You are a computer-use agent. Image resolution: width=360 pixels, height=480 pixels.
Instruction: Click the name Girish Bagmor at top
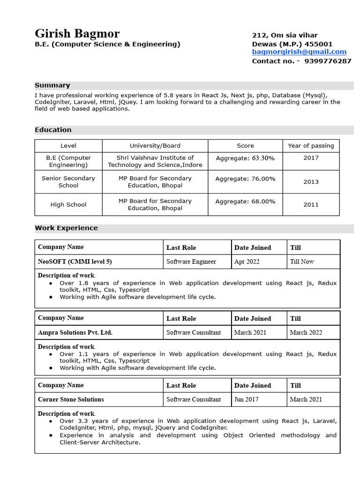77,34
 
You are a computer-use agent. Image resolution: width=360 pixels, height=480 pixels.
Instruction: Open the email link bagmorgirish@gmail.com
299,52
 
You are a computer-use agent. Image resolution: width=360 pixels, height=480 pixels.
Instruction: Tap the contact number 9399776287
328,61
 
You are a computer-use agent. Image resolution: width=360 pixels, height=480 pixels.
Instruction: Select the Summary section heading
52,85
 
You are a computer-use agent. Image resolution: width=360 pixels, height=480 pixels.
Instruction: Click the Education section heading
53,130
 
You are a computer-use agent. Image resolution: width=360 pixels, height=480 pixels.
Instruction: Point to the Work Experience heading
66,228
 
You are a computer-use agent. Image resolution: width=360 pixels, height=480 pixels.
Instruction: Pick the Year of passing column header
311,146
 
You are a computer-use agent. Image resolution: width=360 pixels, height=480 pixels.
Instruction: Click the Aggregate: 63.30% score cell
245,158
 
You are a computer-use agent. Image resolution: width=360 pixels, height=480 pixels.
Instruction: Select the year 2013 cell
311,182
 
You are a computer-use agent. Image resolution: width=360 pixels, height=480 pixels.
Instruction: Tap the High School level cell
68,205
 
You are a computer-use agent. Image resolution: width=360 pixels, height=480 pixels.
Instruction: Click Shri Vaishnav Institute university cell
155,161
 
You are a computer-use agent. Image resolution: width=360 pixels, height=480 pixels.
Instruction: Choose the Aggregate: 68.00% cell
245,202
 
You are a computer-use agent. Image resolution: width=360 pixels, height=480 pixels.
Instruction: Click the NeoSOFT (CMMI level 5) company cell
75,262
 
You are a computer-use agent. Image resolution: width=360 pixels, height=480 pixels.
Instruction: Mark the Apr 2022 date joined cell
247,262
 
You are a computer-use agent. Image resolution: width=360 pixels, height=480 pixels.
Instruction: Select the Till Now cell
302,262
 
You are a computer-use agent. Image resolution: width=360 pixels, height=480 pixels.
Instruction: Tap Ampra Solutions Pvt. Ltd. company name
75,332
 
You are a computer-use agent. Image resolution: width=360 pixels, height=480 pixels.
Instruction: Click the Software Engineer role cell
191,262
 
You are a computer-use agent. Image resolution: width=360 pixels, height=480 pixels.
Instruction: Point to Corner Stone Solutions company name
71,399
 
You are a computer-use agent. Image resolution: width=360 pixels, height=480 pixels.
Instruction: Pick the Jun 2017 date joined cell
246,399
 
